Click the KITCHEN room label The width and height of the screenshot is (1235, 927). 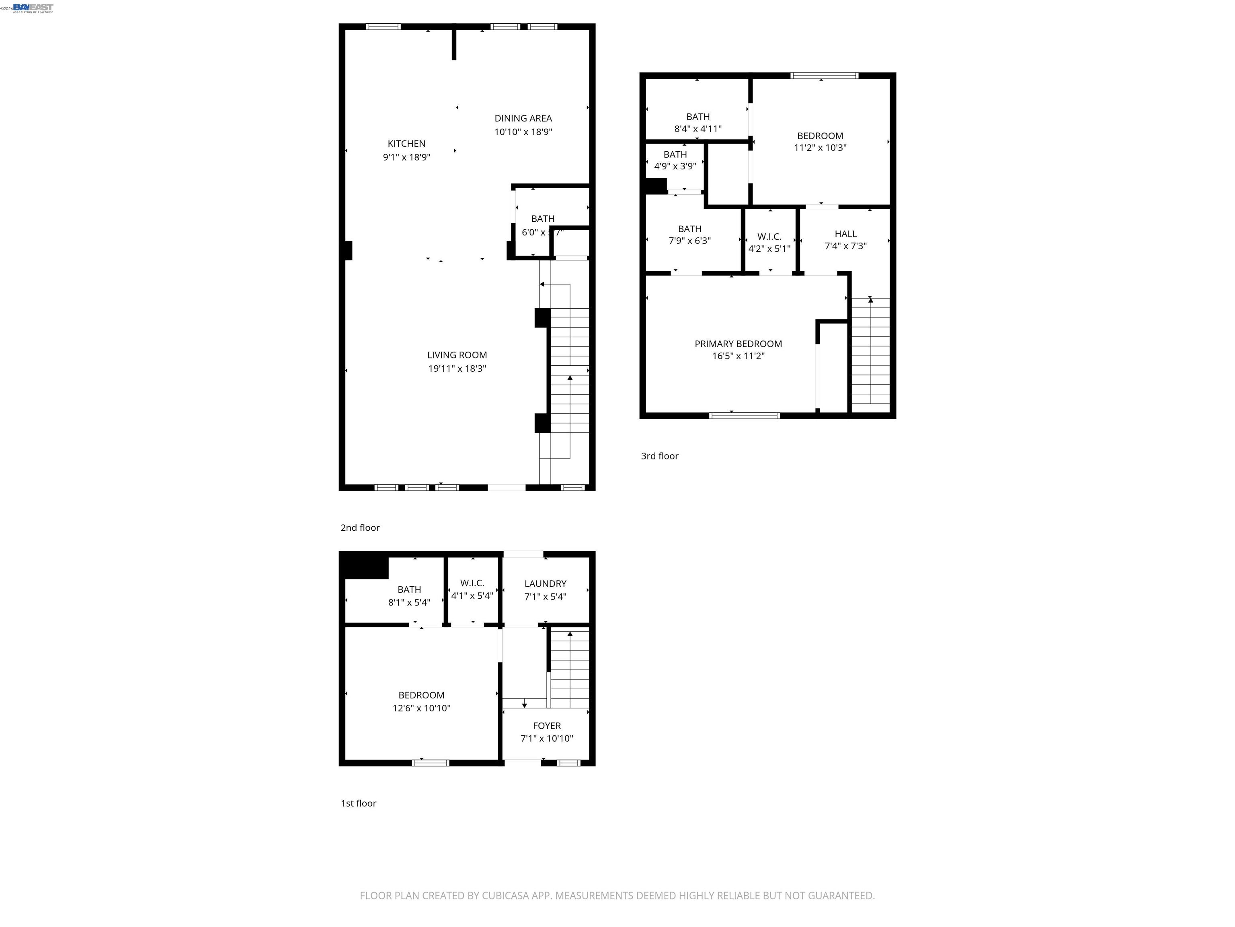pyautogui.click(x=406, y=144)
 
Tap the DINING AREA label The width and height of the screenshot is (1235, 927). pyautogui.click(x=523, y=118)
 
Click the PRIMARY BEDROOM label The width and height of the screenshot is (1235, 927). pyautogui.click(x=738, y=344)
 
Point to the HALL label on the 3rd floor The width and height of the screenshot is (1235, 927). pyautogui.click(x=845, y=234)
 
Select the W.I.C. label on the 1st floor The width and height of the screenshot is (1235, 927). pyautogui.click(x=472, y=583)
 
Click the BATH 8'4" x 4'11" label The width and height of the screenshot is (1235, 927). pyautogui.click(x=698, y=117)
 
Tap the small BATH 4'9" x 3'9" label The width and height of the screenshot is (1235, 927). pyautogui.click(x=675, y=154)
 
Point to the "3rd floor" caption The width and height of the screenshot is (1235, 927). pyautogui.click(x=659, y=456)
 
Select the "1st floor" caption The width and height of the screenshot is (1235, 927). pyautogui.click(x=359, y=803)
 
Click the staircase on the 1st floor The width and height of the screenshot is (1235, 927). pyautogui.click(x=570, y=668)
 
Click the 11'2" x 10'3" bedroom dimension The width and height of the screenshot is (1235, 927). pyautogui.click(x=820, y=148)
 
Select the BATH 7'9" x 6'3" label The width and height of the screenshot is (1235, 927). pyautogui.click(x=689, y=229)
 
